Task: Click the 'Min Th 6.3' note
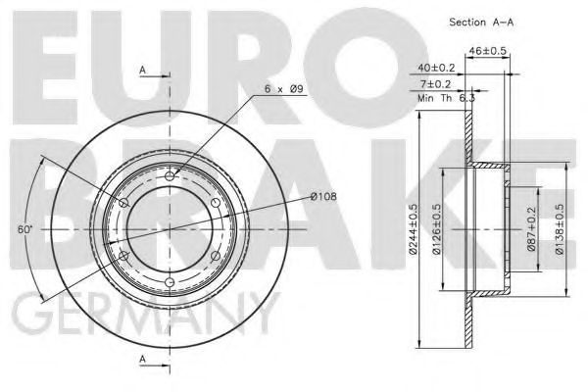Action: click(x=446, y=100)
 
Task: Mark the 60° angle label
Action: click(x=24, y=229)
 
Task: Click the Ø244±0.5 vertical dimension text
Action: click(x=416, y=228)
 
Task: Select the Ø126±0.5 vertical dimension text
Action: click(x=443, y=228)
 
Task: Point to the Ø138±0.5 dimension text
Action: click(x=560, y=228)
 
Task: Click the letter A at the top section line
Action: click(x=143, y=71)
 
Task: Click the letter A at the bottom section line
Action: click(x=143, y=360)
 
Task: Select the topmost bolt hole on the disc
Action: click(x=170, y=176)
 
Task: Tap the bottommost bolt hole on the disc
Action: click(x=170, y=282)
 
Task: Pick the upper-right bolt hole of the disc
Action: click(x=216, y=203)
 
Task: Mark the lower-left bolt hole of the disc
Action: click(x=123, y=256)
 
